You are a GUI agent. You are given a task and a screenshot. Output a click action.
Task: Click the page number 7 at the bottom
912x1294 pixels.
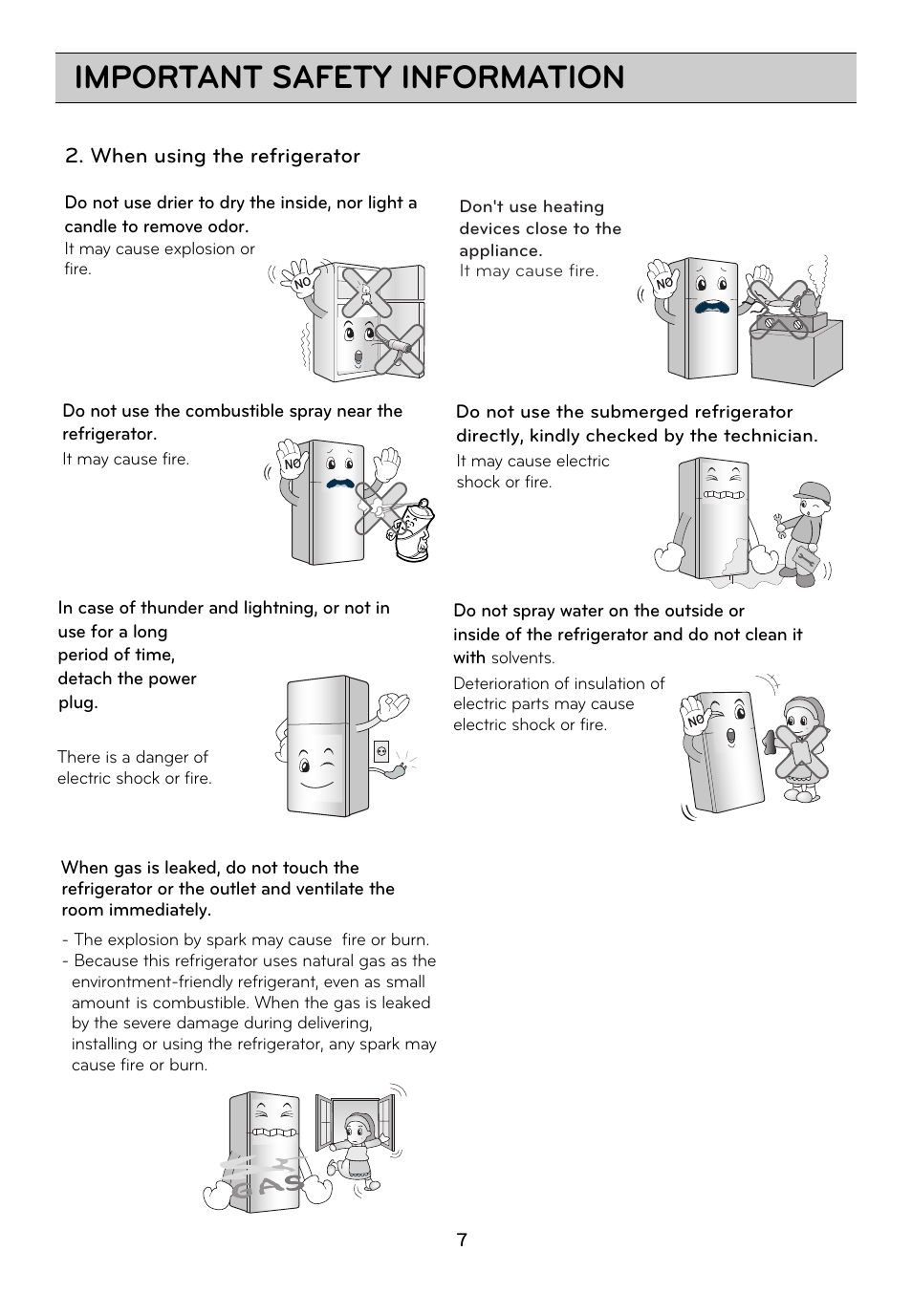(x=462, y=1240)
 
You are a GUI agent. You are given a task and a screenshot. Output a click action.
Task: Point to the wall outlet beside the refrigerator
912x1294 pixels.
(x=381, y=752)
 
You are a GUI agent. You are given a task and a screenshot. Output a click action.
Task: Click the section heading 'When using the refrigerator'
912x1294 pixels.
(x=225, y=156)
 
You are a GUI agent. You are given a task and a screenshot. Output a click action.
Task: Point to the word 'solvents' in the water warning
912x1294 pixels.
(x=521, y=658)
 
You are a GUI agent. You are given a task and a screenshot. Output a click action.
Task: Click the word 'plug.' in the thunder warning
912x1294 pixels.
(x=77, y=702)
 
